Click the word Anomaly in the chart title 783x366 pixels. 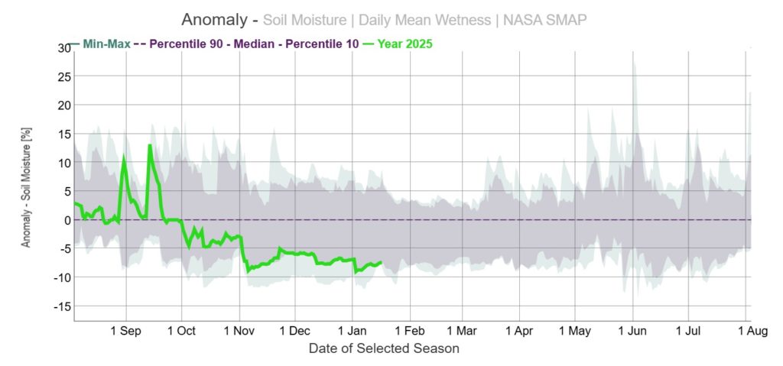pos(214,19)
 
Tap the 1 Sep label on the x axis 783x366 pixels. pos(125,332)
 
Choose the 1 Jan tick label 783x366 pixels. pos(352,332)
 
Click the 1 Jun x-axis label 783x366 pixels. pos(632,332)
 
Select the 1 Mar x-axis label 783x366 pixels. pos(461,332)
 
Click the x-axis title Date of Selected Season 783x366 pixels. pos(384,348)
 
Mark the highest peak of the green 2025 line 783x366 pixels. pos(150,145)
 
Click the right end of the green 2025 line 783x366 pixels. pos(380,262)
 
